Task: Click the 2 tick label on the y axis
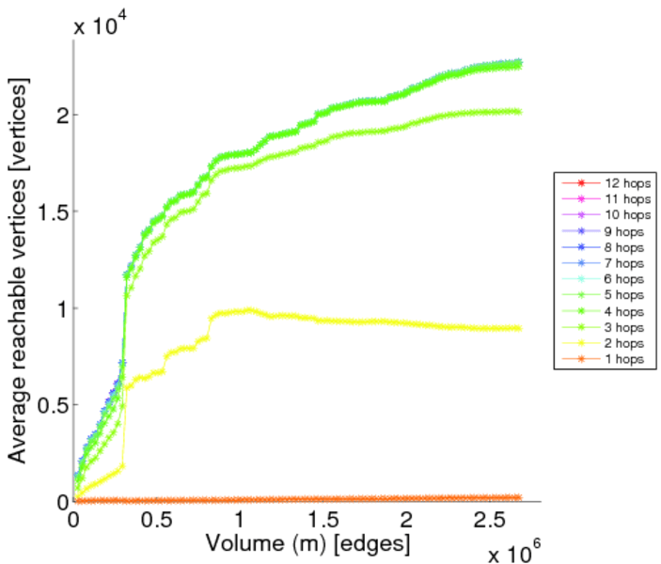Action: point(60,115)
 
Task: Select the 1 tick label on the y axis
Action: point(60,308)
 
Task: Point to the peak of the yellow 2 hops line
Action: point(249,309)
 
